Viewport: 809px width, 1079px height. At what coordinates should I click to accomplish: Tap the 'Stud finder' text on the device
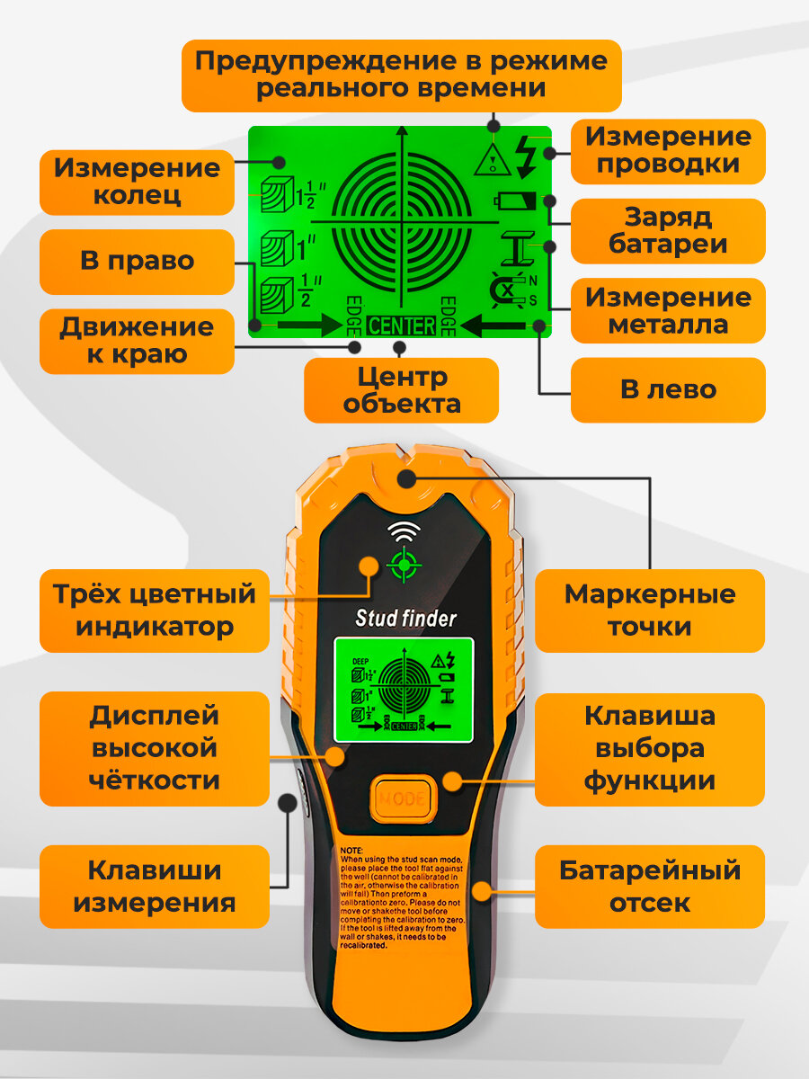click(406, 619)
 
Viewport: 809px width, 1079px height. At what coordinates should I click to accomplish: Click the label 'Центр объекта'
click(401, 390)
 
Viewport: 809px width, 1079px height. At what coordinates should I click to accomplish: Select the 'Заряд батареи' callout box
click(668, 231)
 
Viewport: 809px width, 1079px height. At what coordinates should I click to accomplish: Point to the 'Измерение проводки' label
click(668, 151)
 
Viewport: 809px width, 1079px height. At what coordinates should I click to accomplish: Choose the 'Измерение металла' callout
click(668, 310)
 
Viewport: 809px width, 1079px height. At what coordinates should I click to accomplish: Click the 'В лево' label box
click(668, 390)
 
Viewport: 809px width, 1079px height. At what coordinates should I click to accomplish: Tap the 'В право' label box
click(137, 262)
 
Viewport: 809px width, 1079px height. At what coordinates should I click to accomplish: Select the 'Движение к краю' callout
click(137, 341)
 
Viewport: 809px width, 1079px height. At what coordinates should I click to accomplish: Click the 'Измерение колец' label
click(137, 182)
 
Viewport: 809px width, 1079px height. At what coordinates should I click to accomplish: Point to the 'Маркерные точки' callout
click(649, 611)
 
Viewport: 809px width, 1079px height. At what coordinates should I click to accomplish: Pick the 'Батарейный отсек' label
click(649, 887)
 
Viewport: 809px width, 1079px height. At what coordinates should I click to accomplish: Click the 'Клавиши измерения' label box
click(155, 887)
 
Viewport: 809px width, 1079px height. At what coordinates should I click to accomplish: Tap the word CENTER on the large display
click(401, 325)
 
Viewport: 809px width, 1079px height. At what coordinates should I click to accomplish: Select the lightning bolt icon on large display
click(527, 156)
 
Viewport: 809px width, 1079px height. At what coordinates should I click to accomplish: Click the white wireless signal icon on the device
click(404, 531)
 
